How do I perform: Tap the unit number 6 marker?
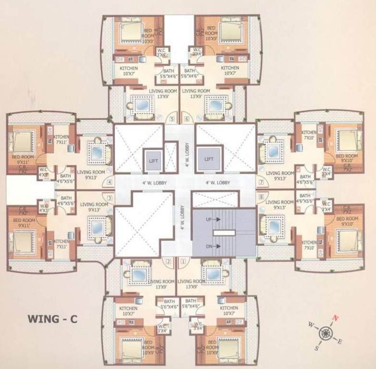(186, 119)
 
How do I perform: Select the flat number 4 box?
(110, 182)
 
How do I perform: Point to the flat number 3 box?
(110, 197)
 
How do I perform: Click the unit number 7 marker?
(261, 183)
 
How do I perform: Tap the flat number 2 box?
(168, 262)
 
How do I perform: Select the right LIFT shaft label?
(209, 159)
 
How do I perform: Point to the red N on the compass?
(336, 317)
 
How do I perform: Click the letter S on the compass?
(316, 348)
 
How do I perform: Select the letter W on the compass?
(311, 325)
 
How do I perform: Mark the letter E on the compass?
(340, 342)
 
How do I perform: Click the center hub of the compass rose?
(326, 332)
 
